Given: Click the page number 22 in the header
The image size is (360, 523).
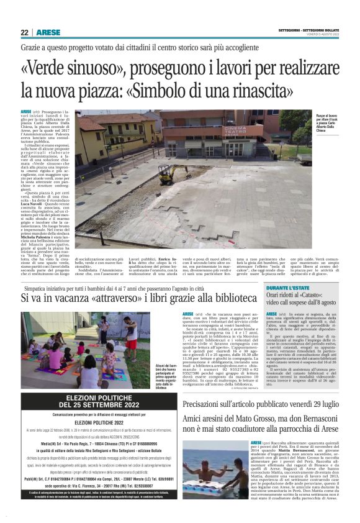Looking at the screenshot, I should (x=24, y=32).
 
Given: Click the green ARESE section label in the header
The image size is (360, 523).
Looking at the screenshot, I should (x=48, y=32).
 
